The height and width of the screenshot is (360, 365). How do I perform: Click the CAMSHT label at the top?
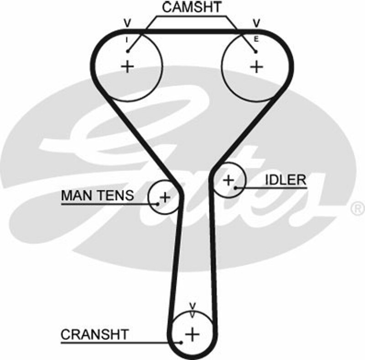pos(192,7)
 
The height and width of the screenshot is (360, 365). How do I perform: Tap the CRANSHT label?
pos(94,334)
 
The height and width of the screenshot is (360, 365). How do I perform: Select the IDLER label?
pos(285,180)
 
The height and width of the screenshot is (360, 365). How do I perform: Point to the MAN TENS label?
pos(97,196)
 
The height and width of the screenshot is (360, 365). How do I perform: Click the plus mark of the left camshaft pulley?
pos(128,67)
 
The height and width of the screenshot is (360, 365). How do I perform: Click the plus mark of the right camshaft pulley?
pos(257,67)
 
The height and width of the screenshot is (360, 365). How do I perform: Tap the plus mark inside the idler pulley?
pos(228,180)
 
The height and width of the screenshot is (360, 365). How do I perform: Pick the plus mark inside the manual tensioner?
pos(165,197)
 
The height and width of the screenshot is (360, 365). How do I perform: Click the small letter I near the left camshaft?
pos(128,40)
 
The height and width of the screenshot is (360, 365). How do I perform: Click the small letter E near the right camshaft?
pos(256,40)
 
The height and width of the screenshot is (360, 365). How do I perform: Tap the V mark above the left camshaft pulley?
pos(127,23)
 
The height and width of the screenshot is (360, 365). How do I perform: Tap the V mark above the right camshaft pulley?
pos(256,23)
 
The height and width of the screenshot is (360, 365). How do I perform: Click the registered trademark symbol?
pos(356,209)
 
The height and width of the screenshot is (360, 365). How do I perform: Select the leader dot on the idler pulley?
pos(235,187)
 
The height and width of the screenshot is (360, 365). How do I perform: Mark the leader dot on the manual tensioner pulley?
pos(157,204)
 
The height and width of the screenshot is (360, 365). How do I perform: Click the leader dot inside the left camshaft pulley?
pos(128,51)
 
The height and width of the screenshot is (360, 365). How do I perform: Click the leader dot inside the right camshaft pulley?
pos(256,51)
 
